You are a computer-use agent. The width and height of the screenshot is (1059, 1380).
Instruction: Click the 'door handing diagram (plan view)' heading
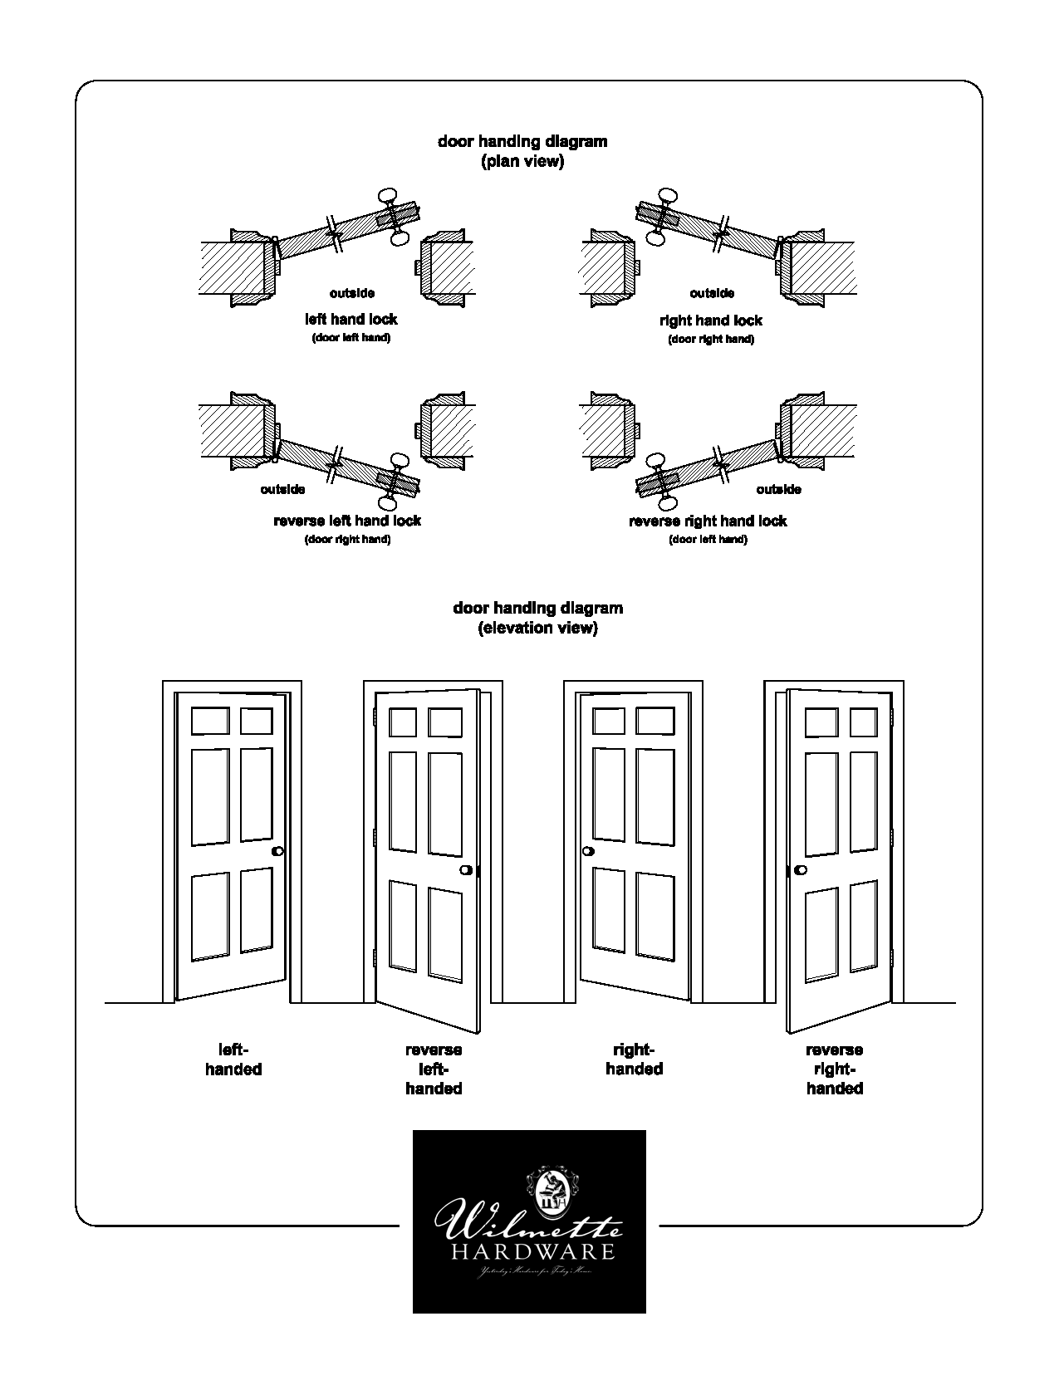[x=522, y=151]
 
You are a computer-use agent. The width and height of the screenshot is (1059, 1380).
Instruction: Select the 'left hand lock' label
[x=351, y=319]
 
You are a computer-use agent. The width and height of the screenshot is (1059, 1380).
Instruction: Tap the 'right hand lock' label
[x=711, y=320]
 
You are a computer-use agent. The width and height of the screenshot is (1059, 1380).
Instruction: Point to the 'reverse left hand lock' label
[x=347, y=521]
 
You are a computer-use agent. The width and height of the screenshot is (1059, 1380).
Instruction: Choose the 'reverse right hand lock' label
[x=708, y=521]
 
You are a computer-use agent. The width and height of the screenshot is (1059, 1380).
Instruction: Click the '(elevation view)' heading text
[x=537, y=628]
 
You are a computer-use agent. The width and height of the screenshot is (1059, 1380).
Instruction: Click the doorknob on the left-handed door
[x=277, y=851]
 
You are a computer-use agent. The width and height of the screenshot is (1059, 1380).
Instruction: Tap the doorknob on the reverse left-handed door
[x=466, y=870]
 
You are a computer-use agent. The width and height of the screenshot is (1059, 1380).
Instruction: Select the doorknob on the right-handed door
[x=589, y=851]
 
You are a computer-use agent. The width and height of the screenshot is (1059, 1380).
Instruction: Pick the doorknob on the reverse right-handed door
[x=801, y=870]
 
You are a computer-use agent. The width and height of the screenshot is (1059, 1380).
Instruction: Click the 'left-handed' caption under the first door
[x=233, y=1059]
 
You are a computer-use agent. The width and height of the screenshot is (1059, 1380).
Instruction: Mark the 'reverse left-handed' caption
[x=434, y=1069]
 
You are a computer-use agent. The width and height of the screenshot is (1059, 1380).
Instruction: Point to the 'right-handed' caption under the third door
[x=634, y=1059]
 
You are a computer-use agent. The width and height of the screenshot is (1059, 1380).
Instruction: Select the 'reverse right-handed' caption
[x=835, y=1069]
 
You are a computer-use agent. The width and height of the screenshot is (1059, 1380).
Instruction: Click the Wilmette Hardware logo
[x=529, y=1221]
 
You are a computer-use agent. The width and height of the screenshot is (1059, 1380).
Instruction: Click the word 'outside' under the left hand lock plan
[x=351, y=293]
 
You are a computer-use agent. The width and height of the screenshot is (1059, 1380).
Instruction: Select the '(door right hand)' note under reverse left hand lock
[x=347, y=540]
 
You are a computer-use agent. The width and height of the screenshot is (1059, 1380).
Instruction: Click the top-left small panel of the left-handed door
[x=210, y=721]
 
